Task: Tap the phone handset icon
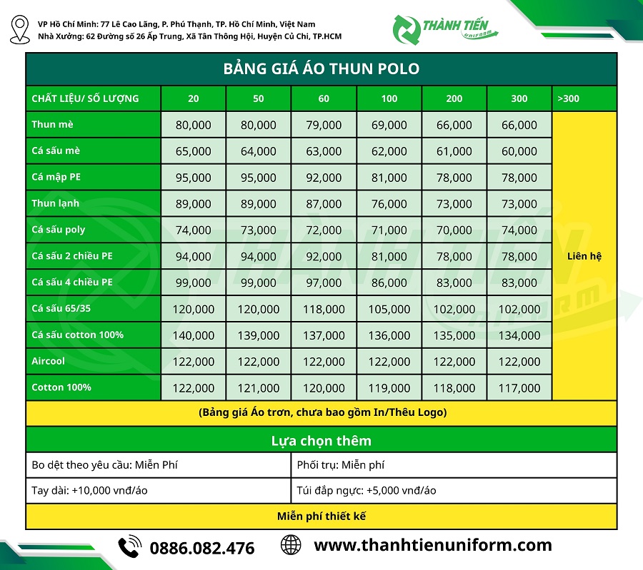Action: coord(130,547)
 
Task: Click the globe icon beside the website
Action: coord(291,546)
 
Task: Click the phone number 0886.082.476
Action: coord(201,548)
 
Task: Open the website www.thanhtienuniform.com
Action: coord(433,546)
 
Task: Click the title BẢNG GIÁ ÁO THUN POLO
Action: coord(321,69)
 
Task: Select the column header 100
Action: coord(389,98)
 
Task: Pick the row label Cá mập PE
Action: coord(56,177)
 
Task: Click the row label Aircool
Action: coord(49,361)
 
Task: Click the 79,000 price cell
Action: coord(324,125)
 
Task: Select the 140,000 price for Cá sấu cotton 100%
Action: coord(193,335)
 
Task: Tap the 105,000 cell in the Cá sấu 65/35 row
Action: coord(389,309)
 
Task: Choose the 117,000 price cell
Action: coord(519,388)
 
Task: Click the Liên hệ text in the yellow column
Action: coord(584,255)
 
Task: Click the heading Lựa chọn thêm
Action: coord(321,440)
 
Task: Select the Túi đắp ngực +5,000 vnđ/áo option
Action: coord(367,490)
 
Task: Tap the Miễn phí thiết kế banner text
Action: coord(321,516)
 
